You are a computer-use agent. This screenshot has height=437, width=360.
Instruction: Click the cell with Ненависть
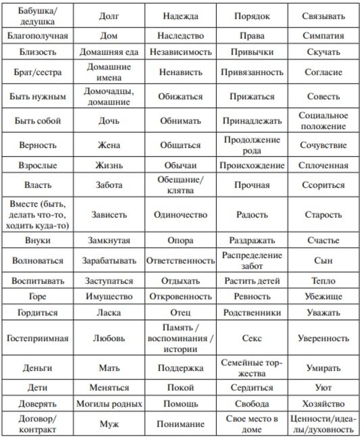click(180, 71)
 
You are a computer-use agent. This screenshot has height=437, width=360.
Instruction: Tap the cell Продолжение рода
click(252, 145)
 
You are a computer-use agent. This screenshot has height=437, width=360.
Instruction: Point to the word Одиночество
click(180, 214)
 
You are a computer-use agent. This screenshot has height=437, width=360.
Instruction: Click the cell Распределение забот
click(252, 259)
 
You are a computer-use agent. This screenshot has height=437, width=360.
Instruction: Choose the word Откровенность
click(180, 296)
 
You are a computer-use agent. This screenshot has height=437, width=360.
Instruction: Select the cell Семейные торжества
click(252, 367)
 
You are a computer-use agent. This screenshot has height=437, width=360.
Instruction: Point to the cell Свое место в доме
click(252, 423)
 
